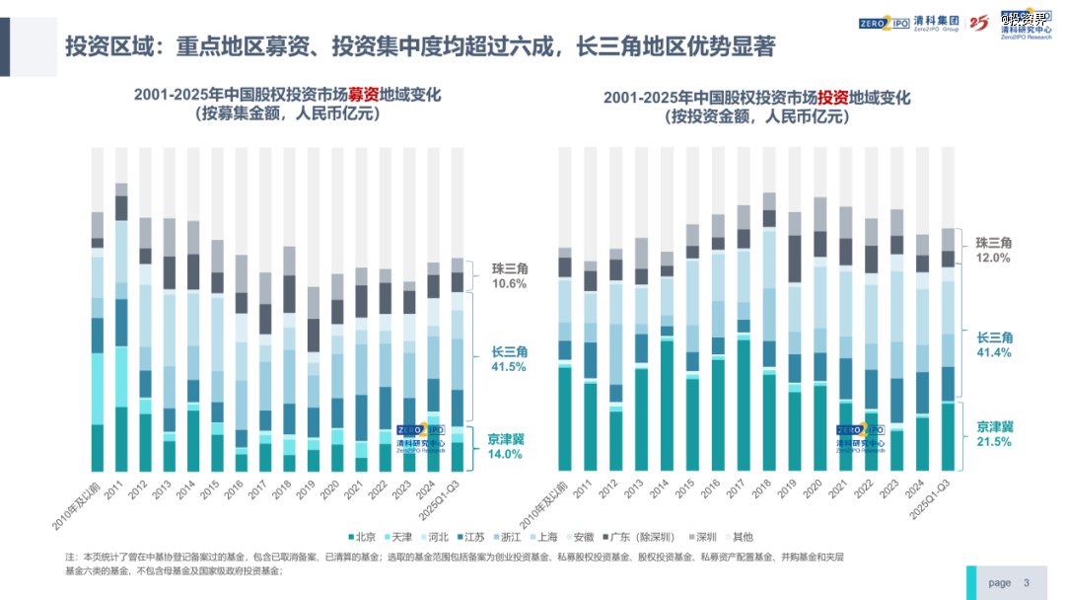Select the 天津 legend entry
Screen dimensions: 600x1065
click(401, 537)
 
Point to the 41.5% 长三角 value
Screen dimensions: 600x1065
click(510, 366)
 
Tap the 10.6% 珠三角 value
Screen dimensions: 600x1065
click(509, 283)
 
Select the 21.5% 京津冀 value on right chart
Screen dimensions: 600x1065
click(994, 441)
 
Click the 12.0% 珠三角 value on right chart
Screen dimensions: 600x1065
click(993, 258)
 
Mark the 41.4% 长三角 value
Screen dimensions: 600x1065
click(994, 352)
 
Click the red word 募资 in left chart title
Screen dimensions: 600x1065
click(363, 96)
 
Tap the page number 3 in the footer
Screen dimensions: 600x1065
click(1026, 582)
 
